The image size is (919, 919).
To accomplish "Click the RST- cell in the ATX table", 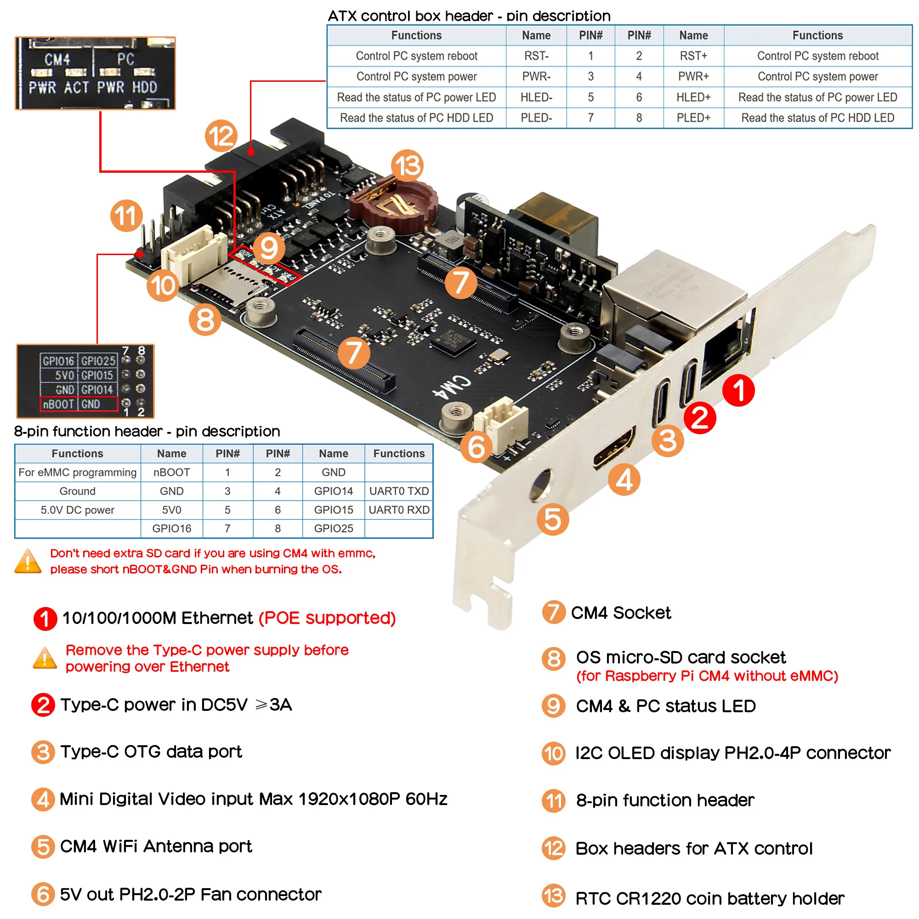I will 536,56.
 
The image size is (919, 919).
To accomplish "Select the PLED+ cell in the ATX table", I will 693,118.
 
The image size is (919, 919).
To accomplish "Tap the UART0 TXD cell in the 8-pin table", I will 398,491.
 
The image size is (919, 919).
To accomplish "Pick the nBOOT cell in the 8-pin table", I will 171,472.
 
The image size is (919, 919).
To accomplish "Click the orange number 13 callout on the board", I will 407,165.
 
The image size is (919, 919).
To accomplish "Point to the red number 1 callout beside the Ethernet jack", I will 738,390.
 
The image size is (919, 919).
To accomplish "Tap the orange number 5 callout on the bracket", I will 553,519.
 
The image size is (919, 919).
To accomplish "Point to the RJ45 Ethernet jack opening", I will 723,352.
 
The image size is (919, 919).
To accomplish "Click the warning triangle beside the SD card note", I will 28,562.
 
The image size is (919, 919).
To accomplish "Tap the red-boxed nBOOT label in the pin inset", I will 58,404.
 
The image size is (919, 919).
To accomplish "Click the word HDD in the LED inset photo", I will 144,87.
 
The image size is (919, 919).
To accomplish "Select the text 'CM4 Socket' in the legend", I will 620,613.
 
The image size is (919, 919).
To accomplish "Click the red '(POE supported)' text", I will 327,618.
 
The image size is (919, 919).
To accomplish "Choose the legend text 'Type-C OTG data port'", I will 151,752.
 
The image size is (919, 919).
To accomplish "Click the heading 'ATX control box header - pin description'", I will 469,16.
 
